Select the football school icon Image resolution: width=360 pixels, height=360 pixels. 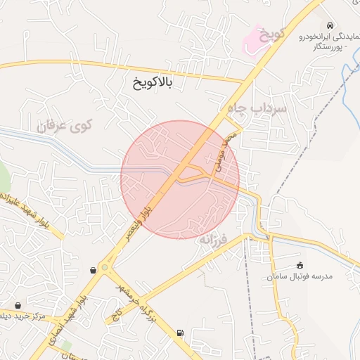(300, 265)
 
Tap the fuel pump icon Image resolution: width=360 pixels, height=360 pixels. (180, 333)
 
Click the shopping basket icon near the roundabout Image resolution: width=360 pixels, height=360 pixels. (94, 270)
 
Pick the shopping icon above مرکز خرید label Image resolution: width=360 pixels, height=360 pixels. (17, 305)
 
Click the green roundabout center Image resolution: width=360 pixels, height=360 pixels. (105, 266)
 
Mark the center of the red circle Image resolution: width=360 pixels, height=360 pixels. (180, 179)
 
